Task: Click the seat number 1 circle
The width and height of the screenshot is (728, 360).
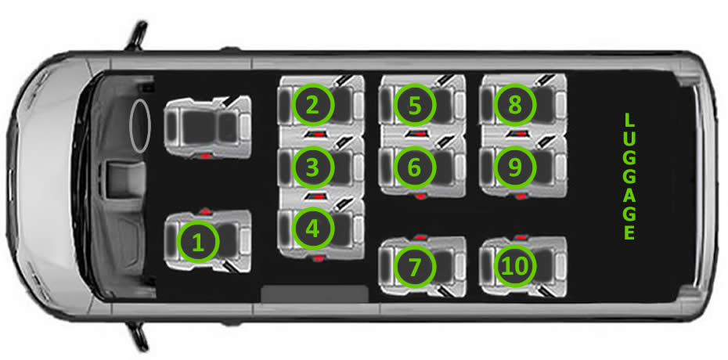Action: coord(198,242)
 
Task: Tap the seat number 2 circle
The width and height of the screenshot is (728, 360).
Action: coord(313,105)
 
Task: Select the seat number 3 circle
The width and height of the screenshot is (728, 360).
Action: coord(313,167)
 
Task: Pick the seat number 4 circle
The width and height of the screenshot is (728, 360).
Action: coord(313,229)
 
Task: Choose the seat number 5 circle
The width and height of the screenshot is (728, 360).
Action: coord(415,105)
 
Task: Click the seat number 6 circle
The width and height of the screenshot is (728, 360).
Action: coord(415,167)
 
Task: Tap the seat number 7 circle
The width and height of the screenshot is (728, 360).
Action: coord(415,266)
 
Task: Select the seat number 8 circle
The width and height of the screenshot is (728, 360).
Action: coord(515,105)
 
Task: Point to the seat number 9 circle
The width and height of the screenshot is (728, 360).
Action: coord(515,167)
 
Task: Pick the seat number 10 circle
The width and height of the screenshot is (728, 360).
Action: coord(515,266)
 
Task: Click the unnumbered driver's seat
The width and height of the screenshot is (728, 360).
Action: coord(207,127)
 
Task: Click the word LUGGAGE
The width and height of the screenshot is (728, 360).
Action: coord(629,177)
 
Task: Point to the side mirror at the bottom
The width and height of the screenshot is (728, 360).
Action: coord(138,335)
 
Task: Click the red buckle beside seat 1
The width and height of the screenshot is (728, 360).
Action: coord(205,211)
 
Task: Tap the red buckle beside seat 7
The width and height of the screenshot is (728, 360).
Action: coord(420,238)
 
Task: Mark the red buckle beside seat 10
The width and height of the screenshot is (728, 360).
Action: coord(521,238)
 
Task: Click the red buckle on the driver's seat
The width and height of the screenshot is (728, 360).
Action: coord(204,157)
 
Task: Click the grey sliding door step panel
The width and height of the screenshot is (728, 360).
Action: coord(315,293)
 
